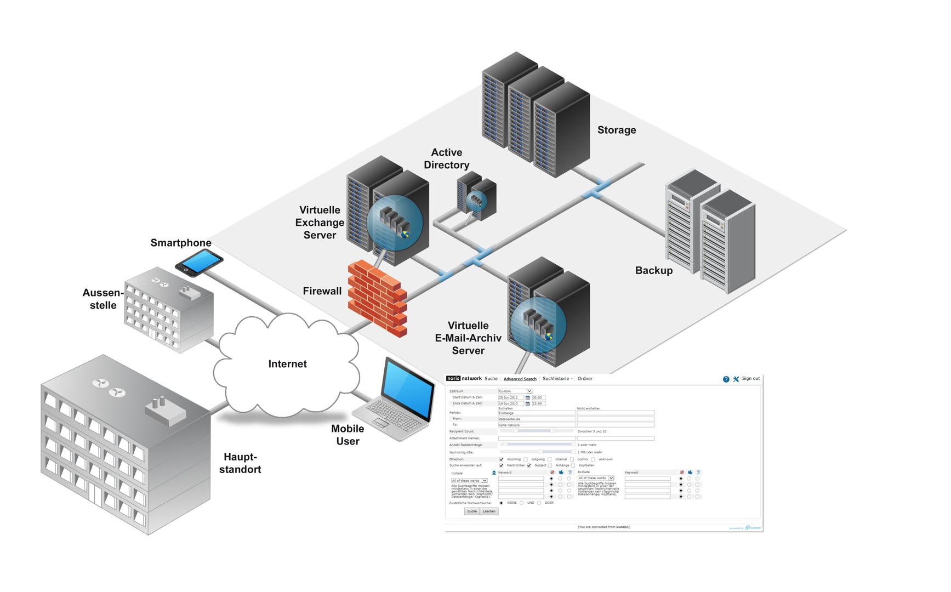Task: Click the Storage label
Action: click(617, 130)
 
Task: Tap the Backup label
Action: click(653, 270)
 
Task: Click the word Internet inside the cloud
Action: click(287, 364)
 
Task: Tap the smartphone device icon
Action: click(199, 262)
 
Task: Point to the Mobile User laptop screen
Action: click(408, 391)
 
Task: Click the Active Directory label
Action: click(447, 159)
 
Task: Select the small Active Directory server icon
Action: click(476, 196)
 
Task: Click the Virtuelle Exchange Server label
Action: click(320, 223)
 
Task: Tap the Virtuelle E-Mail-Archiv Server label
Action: click(468, 338)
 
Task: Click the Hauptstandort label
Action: click(240, 463)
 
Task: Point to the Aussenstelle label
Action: click(103, 299)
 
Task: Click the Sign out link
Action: click(750, 379)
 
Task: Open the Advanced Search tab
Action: click(520, 379)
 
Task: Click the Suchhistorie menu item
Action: click(556, 379)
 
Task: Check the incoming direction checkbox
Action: click(501, 459)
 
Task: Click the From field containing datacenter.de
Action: click(536, 419)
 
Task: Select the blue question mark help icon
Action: click(726, 379)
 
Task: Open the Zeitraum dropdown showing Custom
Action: click(515, 391)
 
